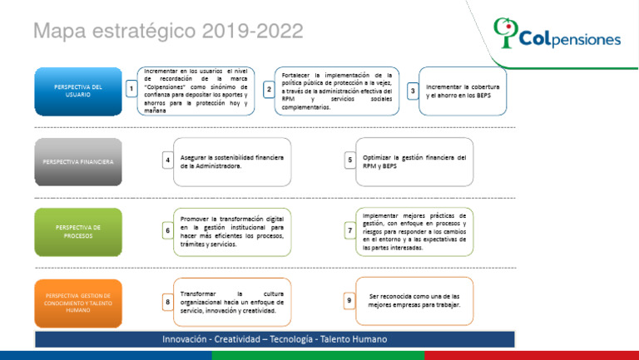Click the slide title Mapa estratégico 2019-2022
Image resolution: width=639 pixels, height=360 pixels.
[168, 32]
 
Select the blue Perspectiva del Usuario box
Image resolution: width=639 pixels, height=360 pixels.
[78, 90]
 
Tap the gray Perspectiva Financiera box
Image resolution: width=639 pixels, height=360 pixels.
[78, 160]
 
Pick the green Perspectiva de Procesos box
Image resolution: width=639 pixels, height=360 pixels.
[78, 231]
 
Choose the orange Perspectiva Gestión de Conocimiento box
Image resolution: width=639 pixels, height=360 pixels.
[78, 302]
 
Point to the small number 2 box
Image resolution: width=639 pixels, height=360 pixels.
[268, 89]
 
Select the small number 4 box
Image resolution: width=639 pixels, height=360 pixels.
[168, 160]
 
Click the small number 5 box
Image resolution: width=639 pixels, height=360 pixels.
[350, 160]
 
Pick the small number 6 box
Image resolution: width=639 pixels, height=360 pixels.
[168, 231]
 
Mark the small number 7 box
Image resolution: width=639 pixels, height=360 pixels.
[350, 231]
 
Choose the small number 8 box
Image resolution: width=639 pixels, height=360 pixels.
[168, 302]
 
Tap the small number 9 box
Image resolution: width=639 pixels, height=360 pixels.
[350, 301]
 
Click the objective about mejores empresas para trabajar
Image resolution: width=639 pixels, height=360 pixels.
[414, 301]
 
